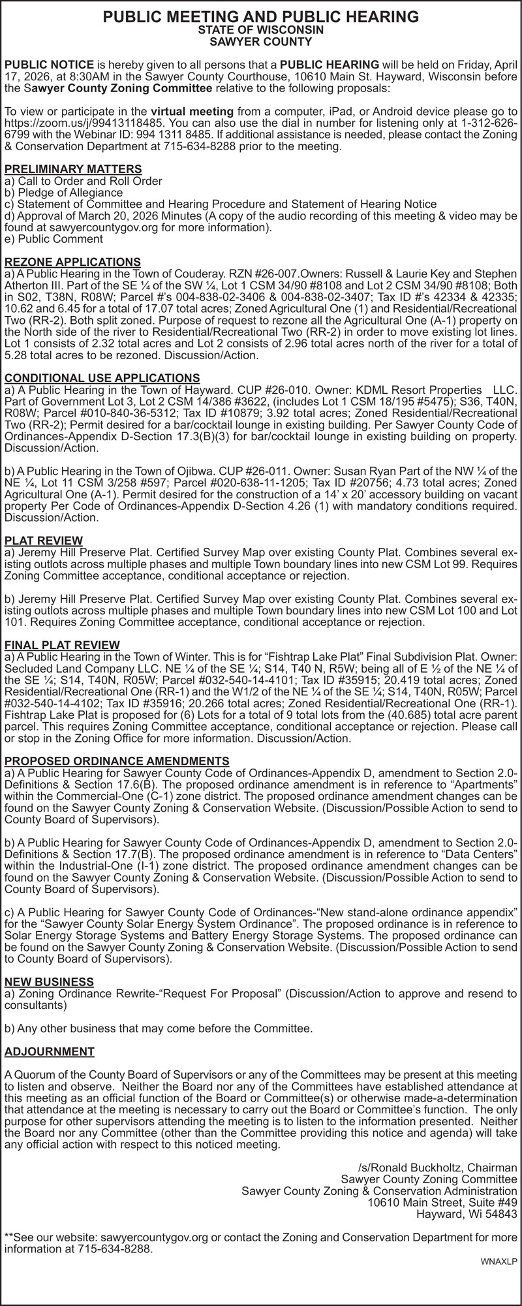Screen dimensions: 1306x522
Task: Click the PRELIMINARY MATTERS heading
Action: tap(73, 169)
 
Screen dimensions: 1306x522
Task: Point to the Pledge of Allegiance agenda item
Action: tap(63, 193)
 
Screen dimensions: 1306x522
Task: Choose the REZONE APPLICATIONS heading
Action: tap(72, 262)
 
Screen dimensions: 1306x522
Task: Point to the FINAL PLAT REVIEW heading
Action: tap(62, 645)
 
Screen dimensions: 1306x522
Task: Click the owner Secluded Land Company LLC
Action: tap(70, 667)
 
